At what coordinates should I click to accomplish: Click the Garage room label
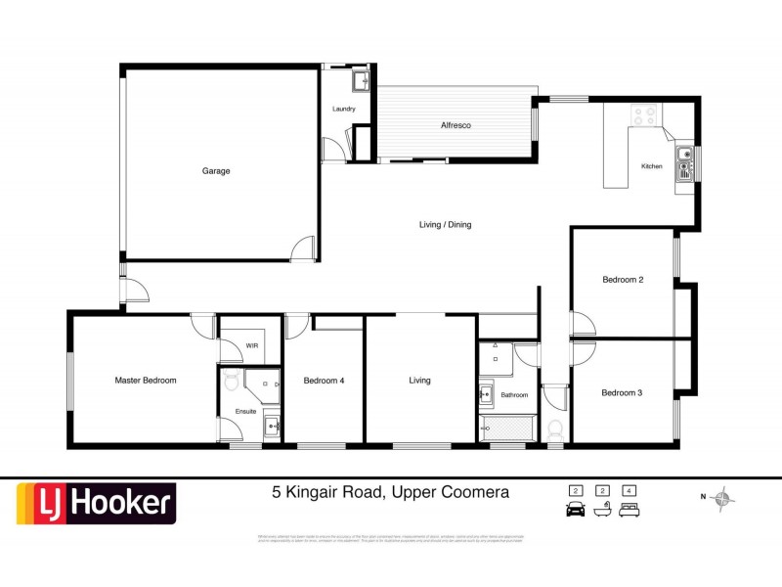pos(216,171)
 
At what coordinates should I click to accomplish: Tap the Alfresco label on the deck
pos(456,126)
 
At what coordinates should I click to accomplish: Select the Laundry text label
pos(343,109)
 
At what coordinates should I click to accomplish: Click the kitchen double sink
pos(686,160)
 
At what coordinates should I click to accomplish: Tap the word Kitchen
pos(651,166)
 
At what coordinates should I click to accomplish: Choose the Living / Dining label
pos(445,225)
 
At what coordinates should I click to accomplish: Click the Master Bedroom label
pos(146,381)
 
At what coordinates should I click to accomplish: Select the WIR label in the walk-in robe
pos(251,345)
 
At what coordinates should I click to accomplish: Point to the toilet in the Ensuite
pos(231,381)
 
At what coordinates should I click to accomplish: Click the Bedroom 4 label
pos(324,381)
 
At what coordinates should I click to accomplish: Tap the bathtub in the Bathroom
pos(506,428)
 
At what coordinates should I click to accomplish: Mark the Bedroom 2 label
pos(622,280)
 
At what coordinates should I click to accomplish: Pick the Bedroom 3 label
pos(622,393)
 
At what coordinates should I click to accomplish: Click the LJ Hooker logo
pos(95,504)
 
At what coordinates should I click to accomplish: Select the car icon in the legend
pos(575,509)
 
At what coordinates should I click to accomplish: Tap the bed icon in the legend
pos(630,509)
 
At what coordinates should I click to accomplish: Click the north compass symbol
pos(722,500)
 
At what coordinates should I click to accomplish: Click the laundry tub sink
pos(359,79)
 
